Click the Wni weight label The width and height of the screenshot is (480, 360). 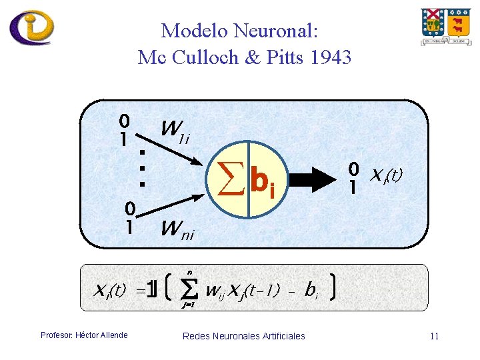[178, 231]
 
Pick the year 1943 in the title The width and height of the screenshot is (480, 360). [330, 58]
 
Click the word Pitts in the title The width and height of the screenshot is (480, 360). [283, 58]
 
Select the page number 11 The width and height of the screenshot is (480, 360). [434, 336]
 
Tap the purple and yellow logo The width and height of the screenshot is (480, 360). [31, 27]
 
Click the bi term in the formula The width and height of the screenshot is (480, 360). [311, 291]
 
